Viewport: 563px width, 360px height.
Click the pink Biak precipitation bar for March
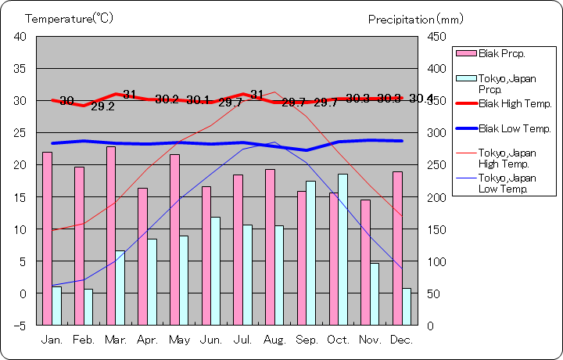111,235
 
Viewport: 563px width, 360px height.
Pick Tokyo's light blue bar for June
215,270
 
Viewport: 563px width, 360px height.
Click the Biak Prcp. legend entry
501,53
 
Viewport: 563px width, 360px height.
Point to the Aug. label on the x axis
274,340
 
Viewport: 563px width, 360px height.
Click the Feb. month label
84,340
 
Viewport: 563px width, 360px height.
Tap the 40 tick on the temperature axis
20,37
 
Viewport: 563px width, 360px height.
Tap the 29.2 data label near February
102,106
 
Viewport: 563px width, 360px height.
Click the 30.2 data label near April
167,99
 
